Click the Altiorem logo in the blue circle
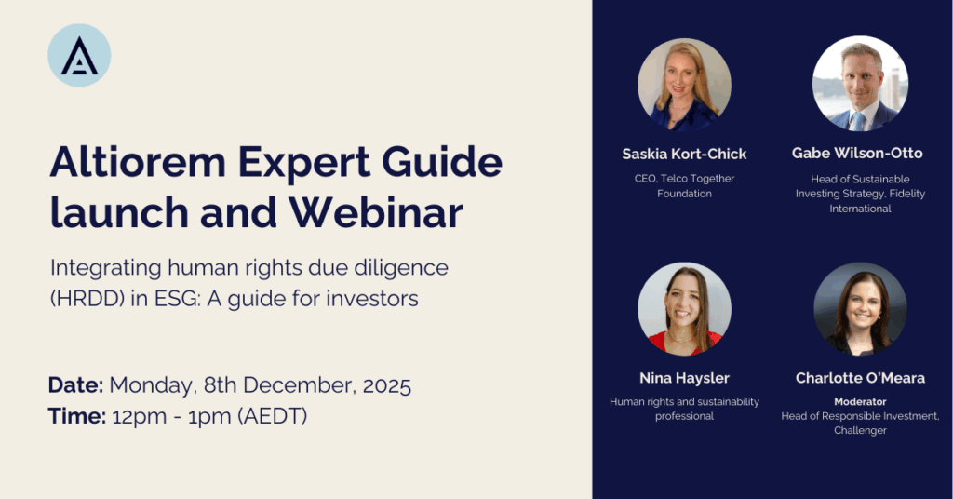coord(79,55)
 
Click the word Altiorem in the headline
coord(138,162)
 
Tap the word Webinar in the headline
coord(376,213)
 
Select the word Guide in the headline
coord(442,162)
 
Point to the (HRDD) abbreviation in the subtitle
coord(87,299)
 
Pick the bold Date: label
coord(76,385)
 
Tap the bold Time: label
coord(77,416)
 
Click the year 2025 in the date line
coord(387,386)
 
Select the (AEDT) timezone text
coord(273,417)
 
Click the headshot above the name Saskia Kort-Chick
coord(684,85)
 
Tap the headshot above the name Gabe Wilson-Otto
coord(860,83)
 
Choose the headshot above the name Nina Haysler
coord(684,309)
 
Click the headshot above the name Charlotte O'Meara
coord(860,309)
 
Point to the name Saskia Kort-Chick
coord(684,155)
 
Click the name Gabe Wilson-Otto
coord(857,154)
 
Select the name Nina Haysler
coord(684,378)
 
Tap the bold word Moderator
coord(860,402)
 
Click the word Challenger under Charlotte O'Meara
coord(860,431)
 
